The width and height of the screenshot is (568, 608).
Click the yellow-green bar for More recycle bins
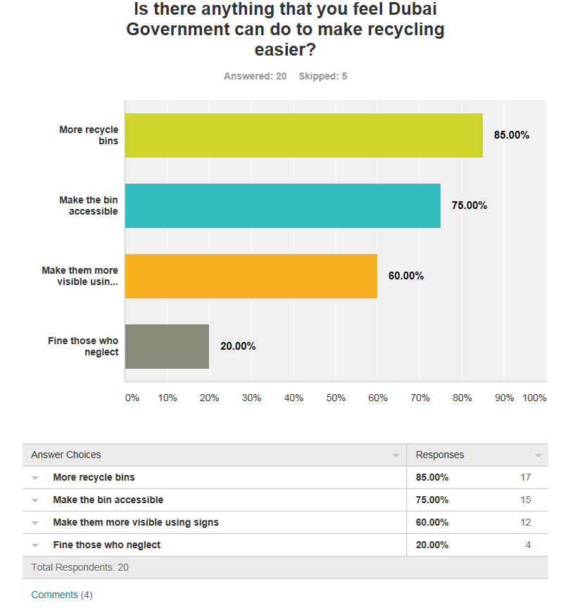pyautogui.click(x=303, y=135)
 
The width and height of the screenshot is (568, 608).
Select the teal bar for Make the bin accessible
pyautogui.click(x=282, y=205)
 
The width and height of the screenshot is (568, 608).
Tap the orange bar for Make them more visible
pyautogui.click(x=251, y=276)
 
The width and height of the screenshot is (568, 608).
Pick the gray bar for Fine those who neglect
pyautogui.click(x=167, y=346)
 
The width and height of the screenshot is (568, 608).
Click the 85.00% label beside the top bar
pyautogui.click(x=511, y=135)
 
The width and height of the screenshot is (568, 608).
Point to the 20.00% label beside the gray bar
pyautogui.click(x=238, y=346)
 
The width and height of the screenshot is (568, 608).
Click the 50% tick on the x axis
pyautogui.click(x=336, y=398)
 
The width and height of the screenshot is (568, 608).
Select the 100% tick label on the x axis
pyautogui.click(x=535, y=398)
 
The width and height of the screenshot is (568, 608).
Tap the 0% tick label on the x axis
pyautogui.click(x=132, y=398)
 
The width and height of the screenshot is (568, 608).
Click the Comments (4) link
pyautogui.click(x=62, y=595)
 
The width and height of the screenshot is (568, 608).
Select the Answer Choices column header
pyautogui.click(x=66, y=455)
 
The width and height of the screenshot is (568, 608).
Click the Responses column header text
pyautogui.click(x=440, y=455)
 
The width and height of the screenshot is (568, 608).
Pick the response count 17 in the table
pyautogui.click(x=525, y=477)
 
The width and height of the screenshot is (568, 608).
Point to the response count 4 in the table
pyautogui.click(x=527, y=545)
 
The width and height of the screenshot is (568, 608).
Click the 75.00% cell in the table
pyautogui.click(x=432, y=500)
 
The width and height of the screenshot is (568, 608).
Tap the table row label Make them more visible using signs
pyautogui.click(x=136, y=522)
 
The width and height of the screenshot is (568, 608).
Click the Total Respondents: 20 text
pyautogui.click(x=80, y=567)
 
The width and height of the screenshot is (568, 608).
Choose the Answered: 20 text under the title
pyautogui.click(x=255, y=76)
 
